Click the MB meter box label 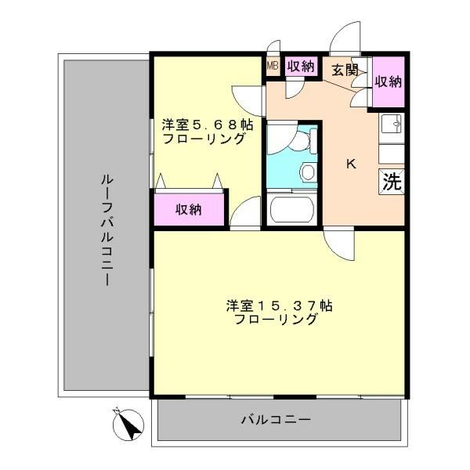(x=273, y=65)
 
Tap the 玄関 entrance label (x=345, y=70)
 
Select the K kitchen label (x=351, y=164)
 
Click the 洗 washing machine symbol (x=392, y=182)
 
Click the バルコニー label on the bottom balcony (x=276, y=420)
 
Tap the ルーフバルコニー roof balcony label (x=107, y=231)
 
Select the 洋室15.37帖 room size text (x=279, y=306)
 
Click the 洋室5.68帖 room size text (x=208, y=125)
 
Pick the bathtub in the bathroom (x=292, y=208)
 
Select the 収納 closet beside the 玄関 (x=389, y=81)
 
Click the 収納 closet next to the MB (x=301, y=66)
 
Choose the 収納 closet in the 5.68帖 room (x=189, y=209)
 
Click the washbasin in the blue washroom (x=308, y=172)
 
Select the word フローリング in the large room (x=276, y=320)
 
